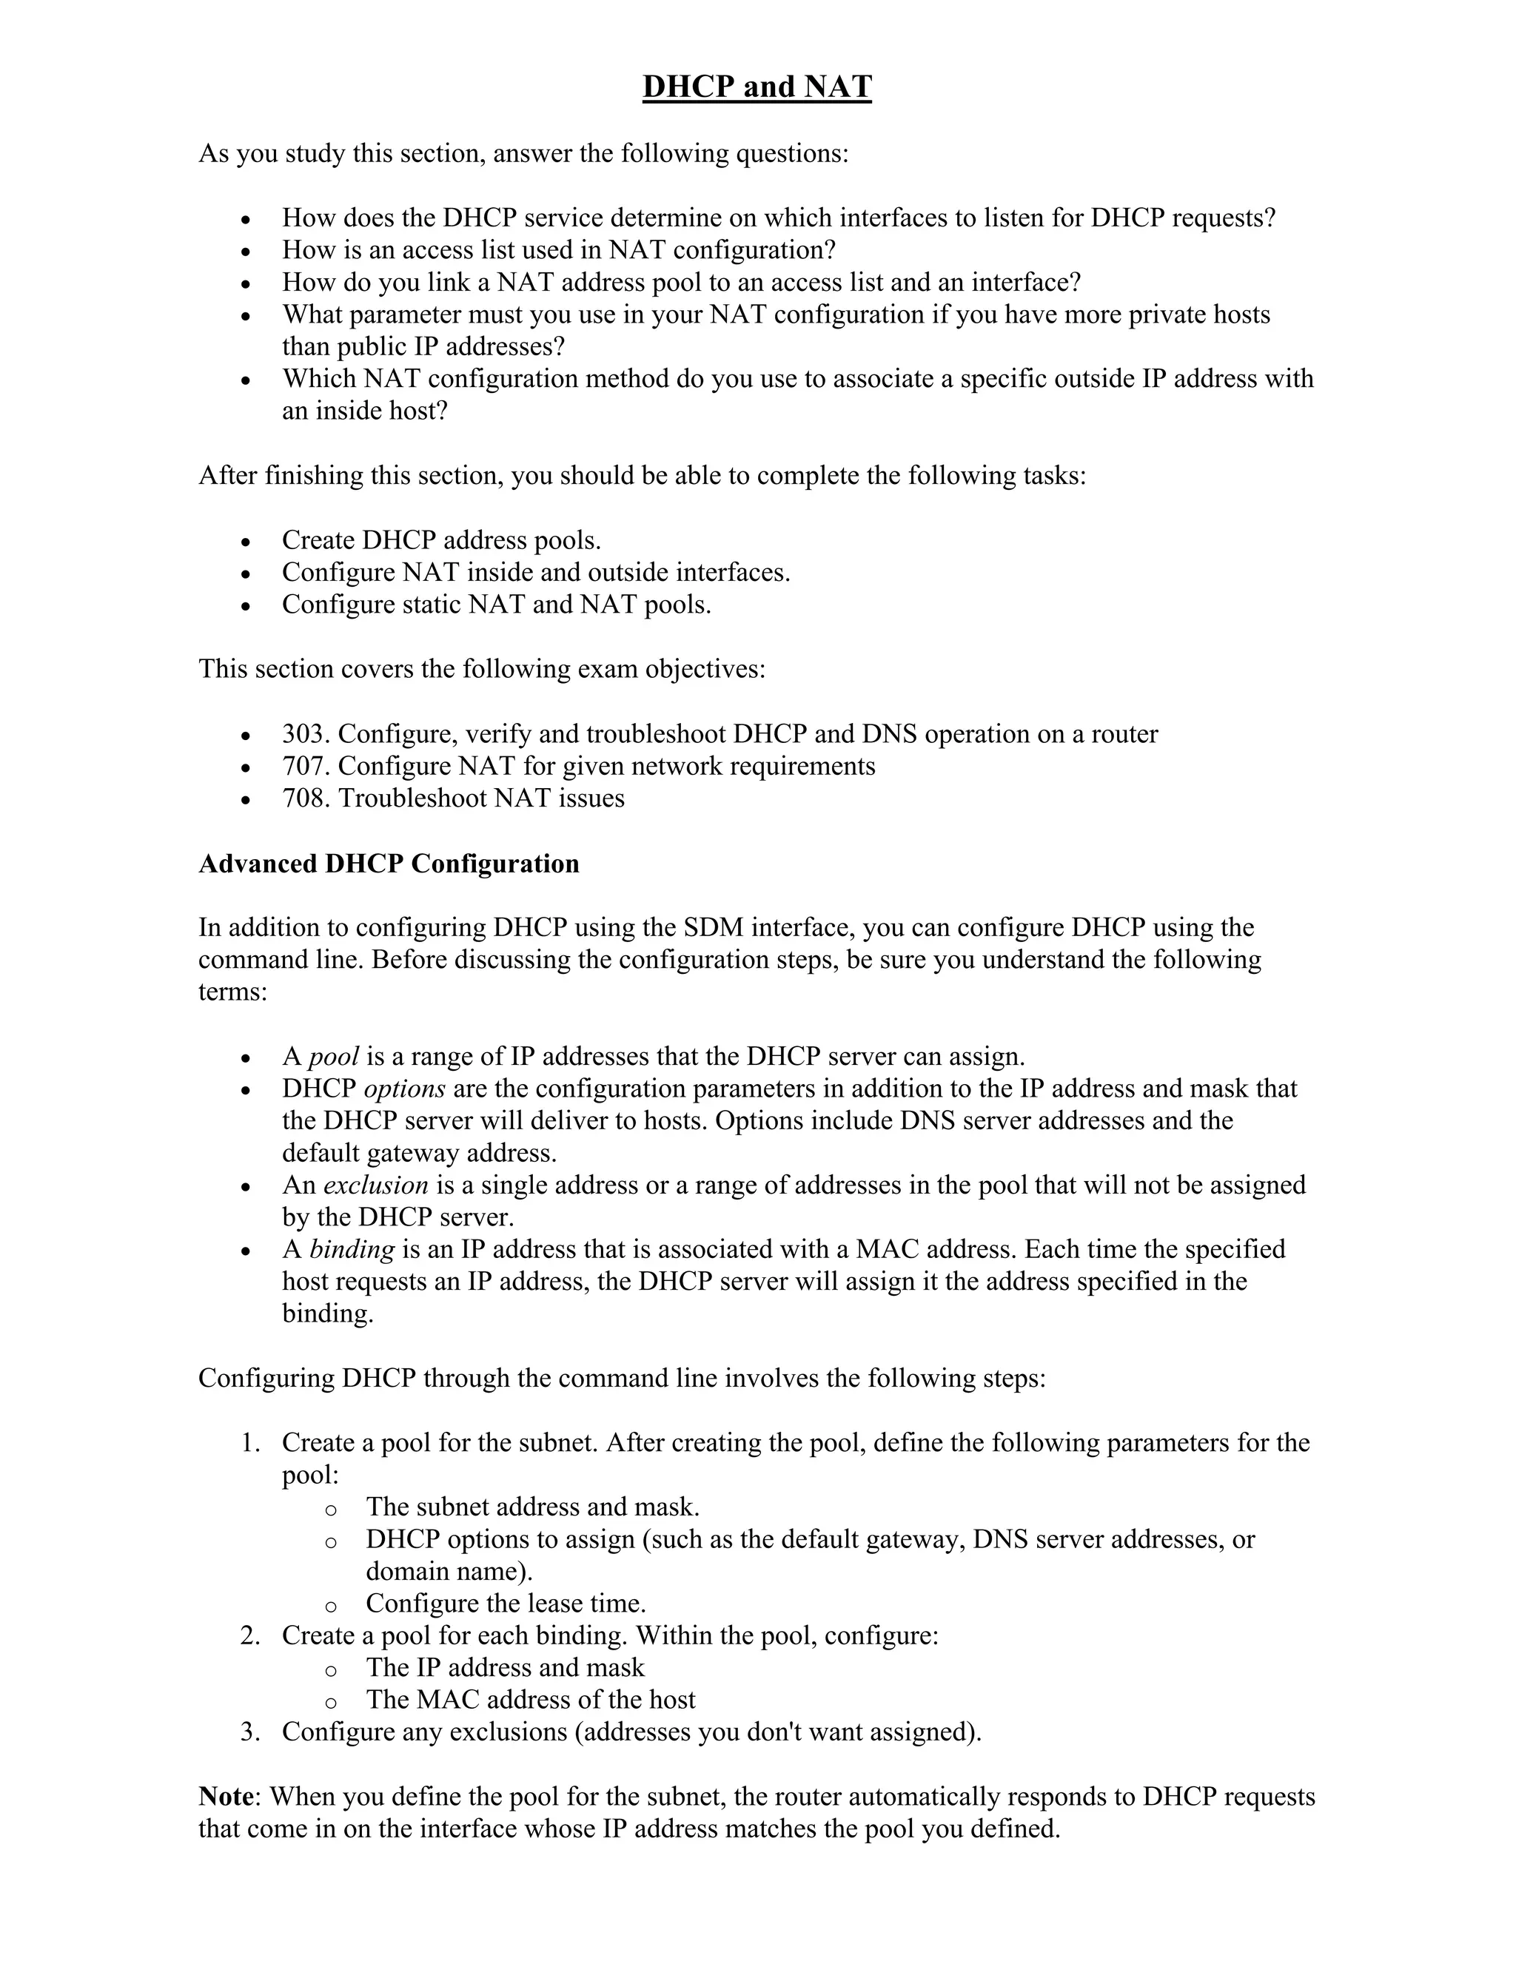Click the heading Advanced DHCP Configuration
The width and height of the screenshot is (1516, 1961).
tap(388, 863)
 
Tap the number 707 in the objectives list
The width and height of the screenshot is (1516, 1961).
tap(306, 766)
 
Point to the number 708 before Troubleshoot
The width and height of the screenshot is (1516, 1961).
tap(306, 798)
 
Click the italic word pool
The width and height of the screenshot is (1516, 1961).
tap(333, 1057)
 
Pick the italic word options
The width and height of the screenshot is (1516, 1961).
tap(404, 1089)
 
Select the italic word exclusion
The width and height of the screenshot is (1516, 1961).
tap(375, 1185)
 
